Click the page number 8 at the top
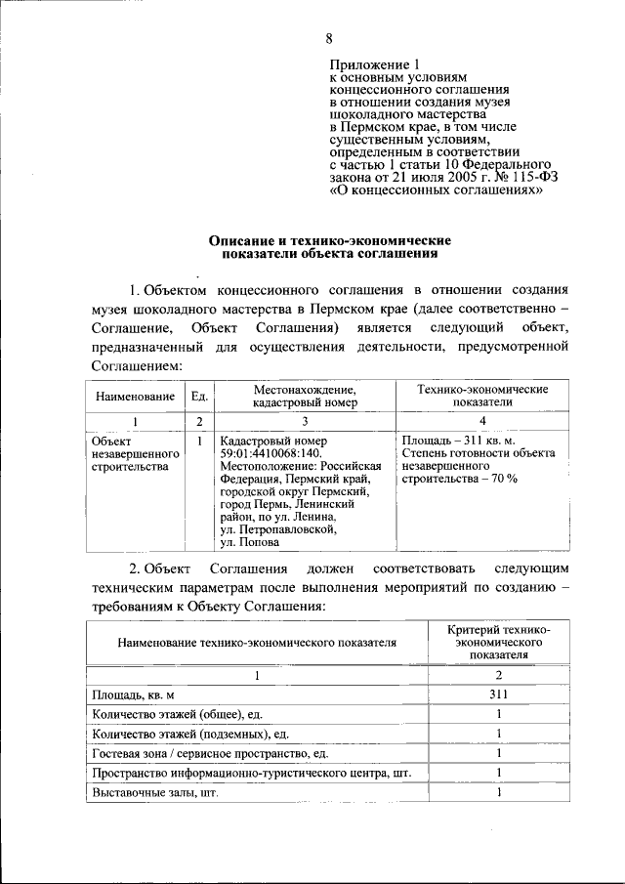(329, 38)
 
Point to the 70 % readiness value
(499, 479)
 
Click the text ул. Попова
(250, 542)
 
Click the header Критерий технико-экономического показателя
(498, 643)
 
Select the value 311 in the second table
(498, 695)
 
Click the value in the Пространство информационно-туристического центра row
(498, 773)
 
